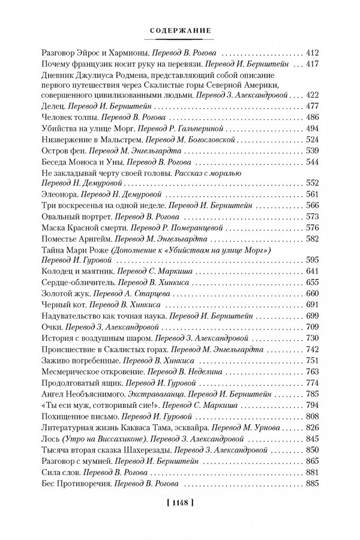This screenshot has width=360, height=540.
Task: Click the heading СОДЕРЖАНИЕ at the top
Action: (x=179, y=30)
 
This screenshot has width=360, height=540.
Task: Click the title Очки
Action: (x=53, y=327)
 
